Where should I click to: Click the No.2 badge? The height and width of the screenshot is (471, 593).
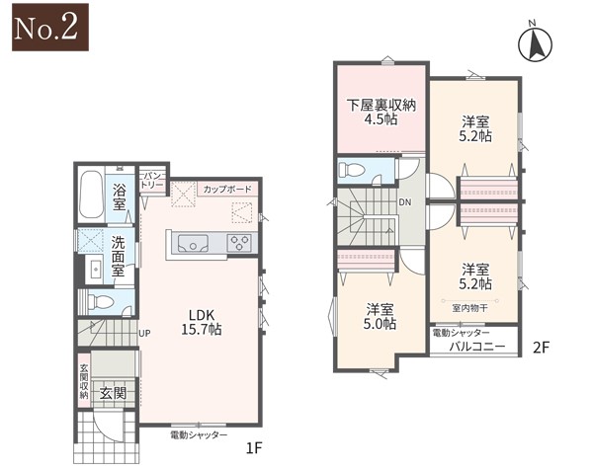point(50,28)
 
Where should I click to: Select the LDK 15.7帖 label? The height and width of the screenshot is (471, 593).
point(202,322)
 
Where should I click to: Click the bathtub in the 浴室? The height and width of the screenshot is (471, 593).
point(91,195)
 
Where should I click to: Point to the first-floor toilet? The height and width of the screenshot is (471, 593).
point(100,302)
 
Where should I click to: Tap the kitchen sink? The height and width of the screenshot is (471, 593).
point(194,243)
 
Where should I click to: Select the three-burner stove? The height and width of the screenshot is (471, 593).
point(239,243)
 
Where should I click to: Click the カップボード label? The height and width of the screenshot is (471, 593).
point(227,189)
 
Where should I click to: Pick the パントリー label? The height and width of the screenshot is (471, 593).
point(152,180)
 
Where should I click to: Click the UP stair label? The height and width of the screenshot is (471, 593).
point(144,333)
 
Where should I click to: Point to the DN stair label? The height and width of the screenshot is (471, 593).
point(404,202)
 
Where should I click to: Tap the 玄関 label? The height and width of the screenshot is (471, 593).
point(113,394)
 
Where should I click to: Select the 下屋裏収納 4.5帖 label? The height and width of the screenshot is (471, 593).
point(381,113)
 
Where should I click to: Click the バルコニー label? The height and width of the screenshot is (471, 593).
point(477,347)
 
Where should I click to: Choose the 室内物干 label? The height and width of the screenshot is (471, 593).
point(469,308)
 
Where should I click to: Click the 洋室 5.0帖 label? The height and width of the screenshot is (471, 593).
point(381,317)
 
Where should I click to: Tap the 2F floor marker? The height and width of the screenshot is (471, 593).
point(540,348)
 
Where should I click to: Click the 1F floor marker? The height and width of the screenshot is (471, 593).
point(254,448)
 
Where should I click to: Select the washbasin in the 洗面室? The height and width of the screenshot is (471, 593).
point(94,269)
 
